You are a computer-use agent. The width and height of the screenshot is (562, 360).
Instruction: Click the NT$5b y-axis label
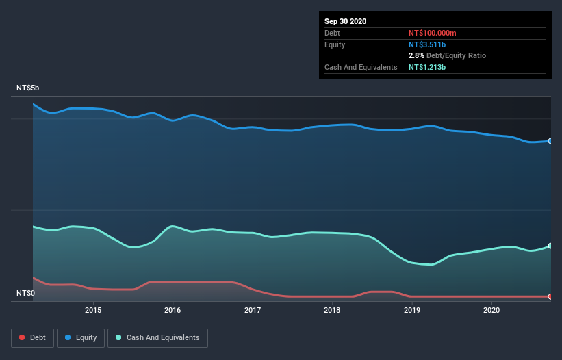[x=28, y=88]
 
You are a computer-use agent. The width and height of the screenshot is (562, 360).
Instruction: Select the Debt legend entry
[x=34, y=337]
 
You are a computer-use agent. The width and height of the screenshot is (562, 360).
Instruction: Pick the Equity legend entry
[x=81, y=337]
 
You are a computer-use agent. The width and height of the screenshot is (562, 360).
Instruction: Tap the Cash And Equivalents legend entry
[x=158, y=337]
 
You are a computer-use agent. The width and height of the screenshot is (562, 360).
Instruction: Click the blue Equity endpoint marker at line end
[x=550, y=141]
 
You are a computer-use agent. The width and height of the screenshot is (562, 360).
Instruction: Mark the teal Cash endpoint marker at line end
[x=550, y=246]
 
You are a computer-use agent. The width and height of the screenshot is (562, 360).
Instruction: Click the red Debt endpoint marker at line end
[x=550, y=296]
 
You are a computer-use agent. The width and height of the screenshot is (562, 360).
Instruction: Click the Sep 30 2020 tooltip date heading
[x=346, y=21]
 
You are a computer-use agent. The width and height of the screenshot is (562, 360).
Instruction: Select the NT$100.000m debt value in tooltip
[x=432, y=33]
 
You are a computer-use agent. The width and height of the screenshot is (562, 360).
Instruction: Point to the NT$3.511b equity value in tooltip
[x=426, y=44]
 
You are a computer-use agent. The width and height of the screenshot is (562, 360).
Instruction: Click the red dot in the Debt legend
[x=23, y=337]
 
